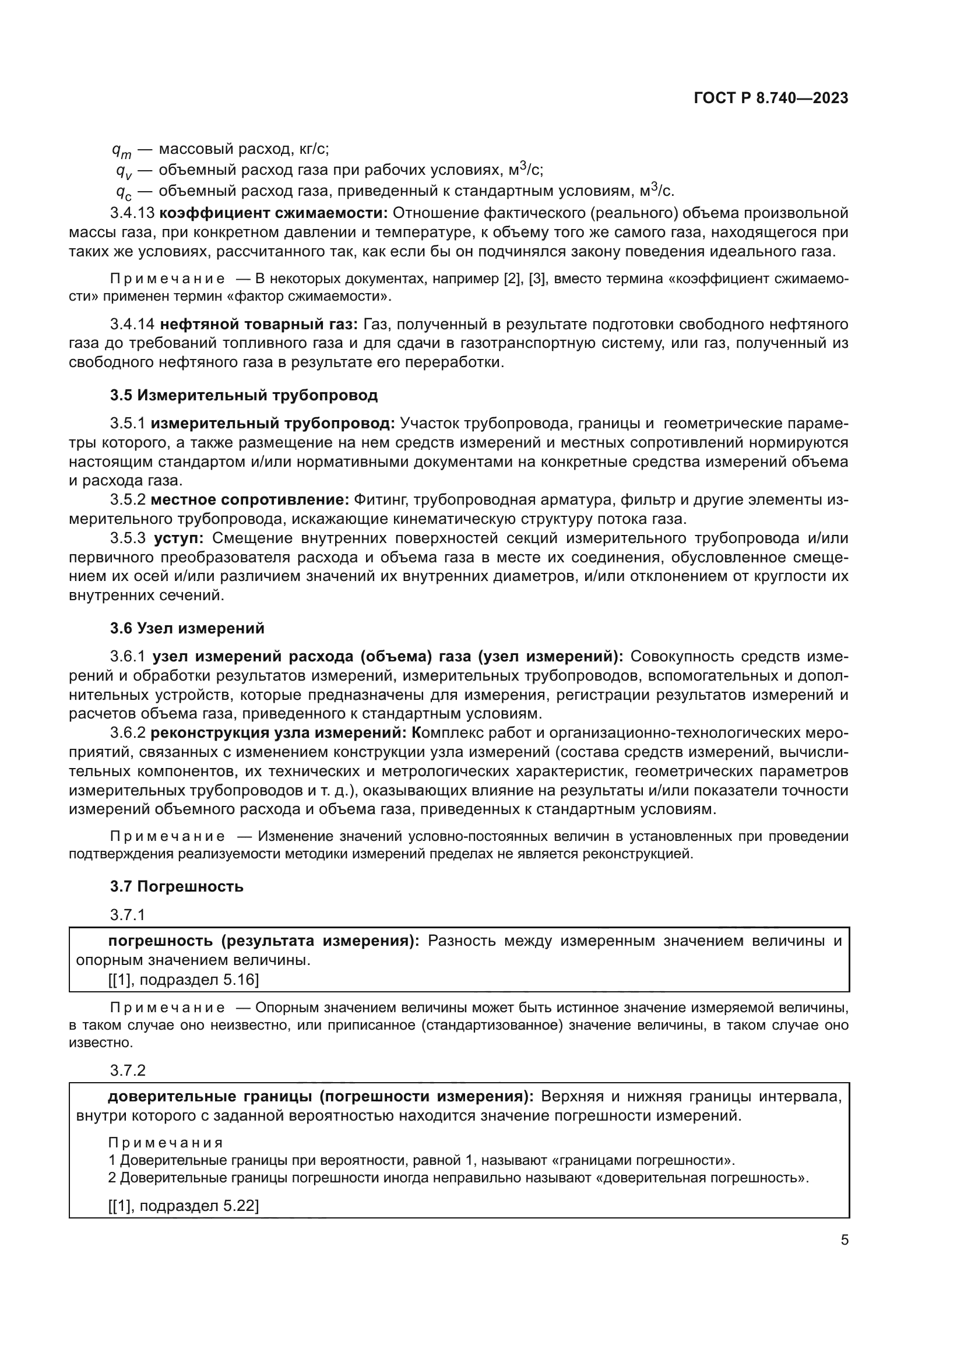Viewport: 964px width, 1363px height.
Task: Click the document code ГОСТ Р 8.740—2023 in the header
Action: tap(771, 98)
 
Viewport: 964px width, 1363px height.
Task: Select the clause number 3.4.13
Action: tap(132, 213)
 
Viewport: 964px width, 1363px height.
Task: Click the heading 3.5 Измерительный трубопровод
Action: tap(244, 395)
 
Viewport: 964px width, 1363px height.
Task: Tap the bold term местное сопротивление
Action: tap(250, 500)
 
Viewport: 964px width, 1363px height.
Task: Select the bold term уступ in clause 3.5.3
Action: tap(179, 538)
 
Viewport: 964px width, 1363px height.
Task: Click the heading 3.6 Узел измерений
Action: tap(187, 628)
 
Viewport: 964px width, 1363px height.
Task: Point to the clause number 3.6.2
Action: tap(128, 732)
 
